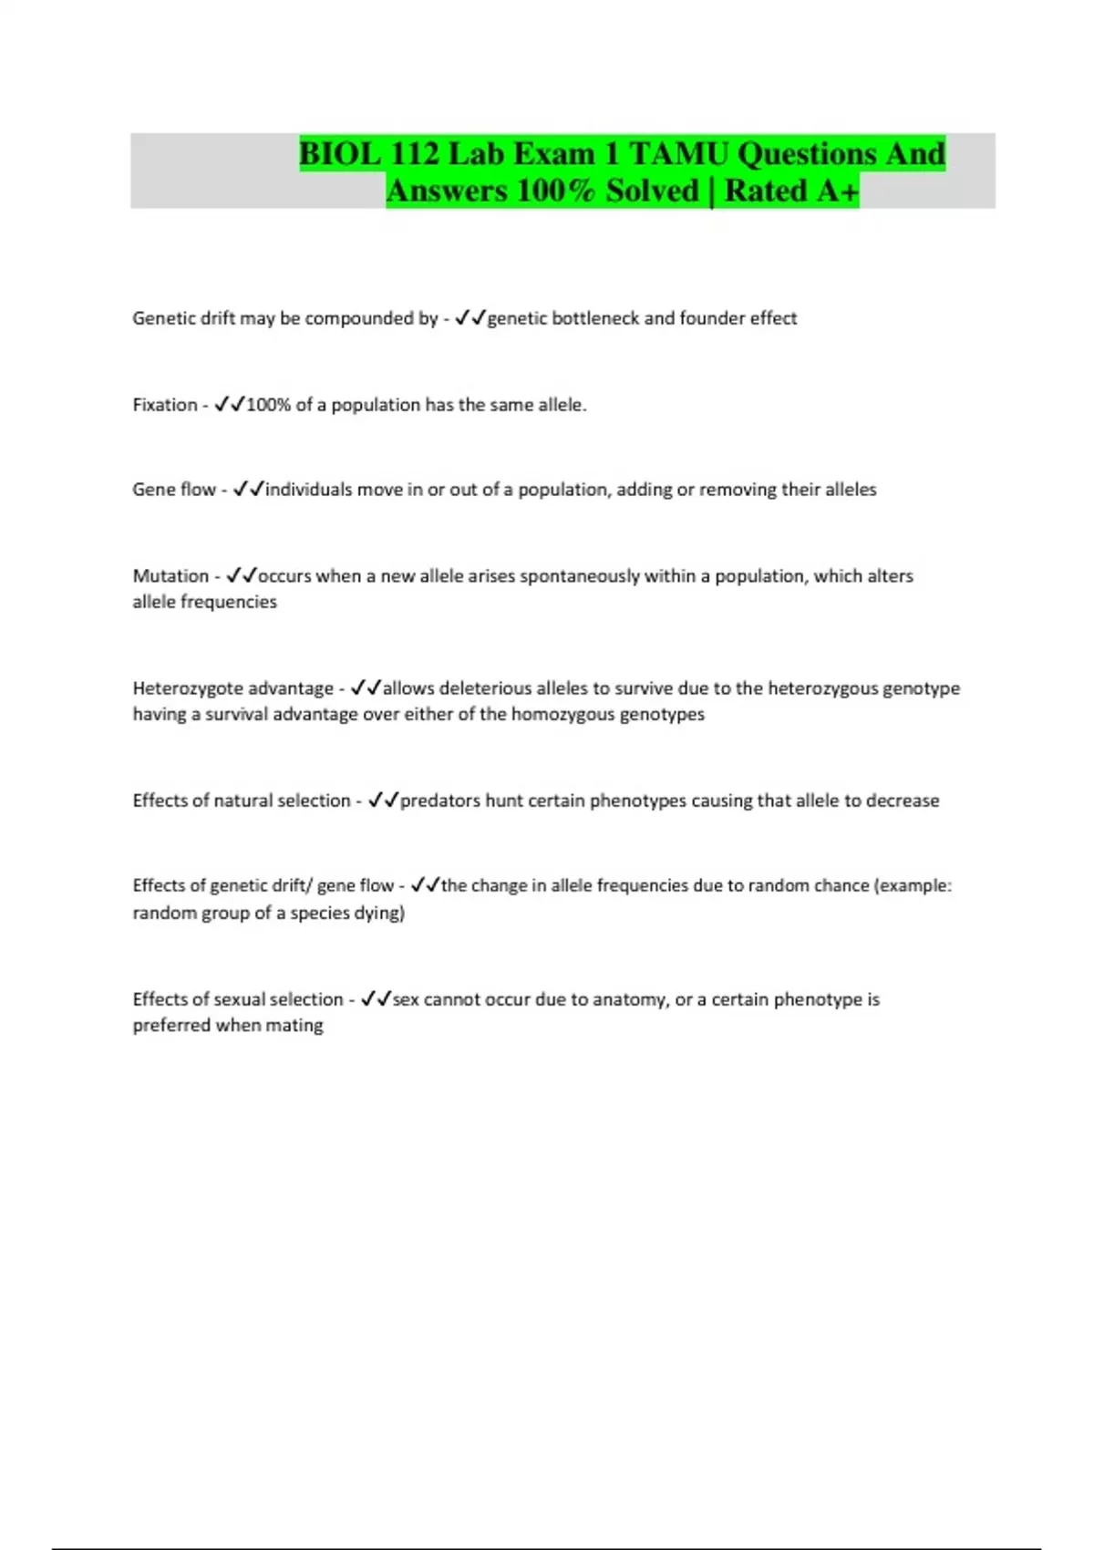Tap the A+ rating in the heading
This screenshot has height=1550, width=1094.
coord(837,191)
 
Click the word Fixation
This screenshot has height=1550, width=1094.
coord(164,405)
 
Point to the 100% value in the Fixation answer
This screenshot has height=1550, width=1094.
coord(268,405)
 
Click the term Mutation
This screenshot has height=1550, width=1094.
coord(170,576)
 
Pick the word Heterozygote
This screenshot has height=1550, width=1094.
coord(187,688)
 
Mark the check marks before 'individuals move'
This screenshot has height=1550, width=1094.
coord(248,490)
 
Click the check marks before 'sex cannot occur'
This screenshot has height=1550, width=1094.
coord(376,999)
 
